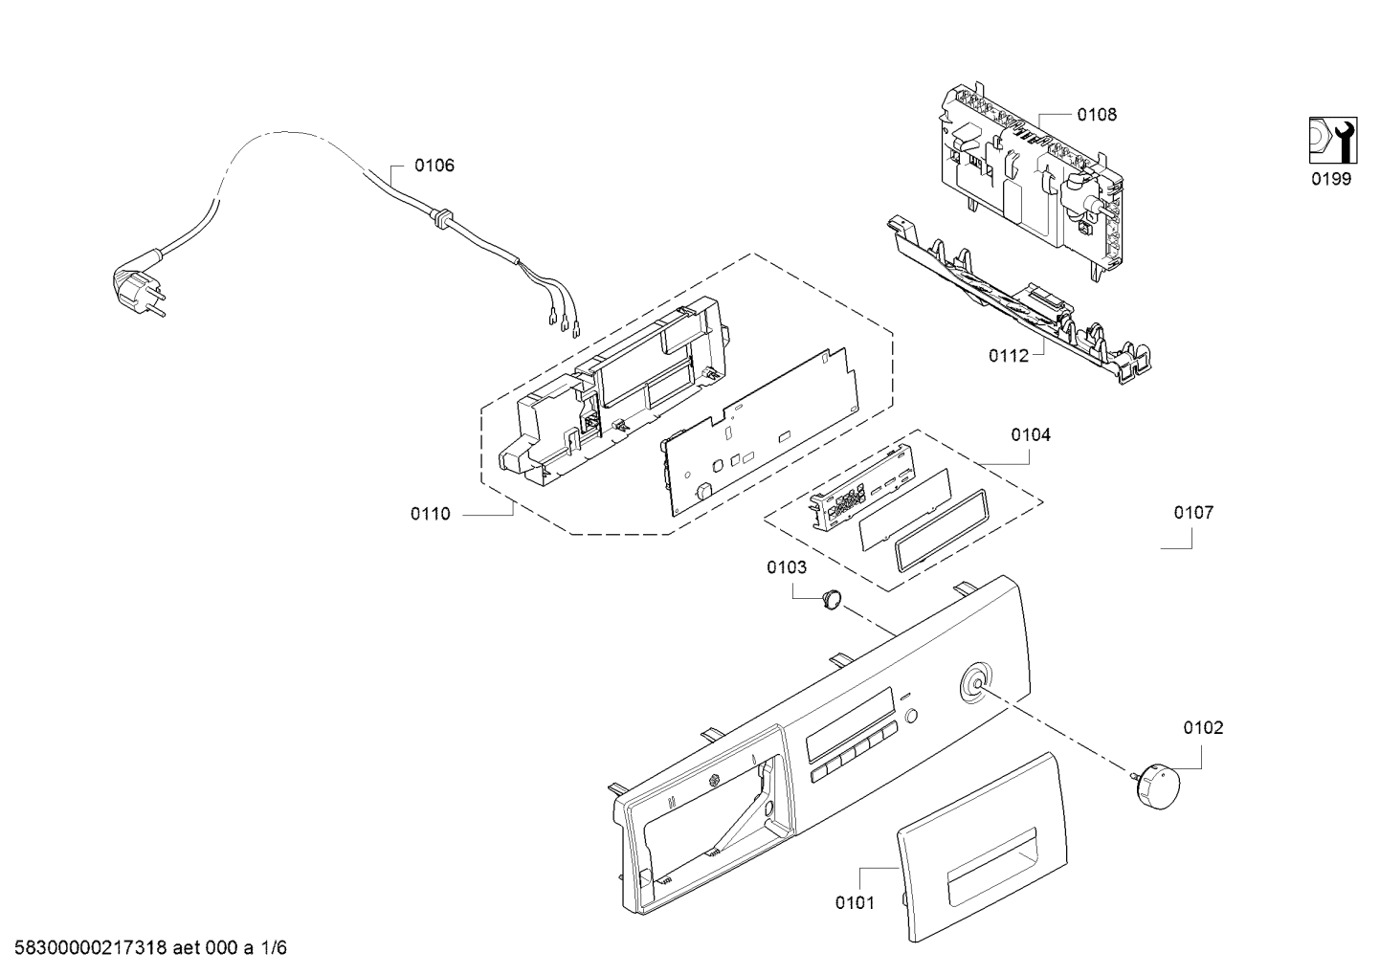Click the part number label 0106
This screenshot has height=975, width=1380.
pyautogui.click(x=434, y=166)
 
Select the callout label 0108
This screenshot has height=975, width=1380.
pyautogui.click(x=1097, y=115)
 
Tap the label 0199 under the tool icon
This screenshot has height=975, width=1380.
pyautogui.click(x=1330, y=179)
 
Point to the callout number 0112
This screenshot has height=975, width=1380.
pyautogui.click(x=1009, y=355)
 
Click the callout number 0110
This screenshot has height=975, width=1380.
pyautogui.click(x=431, y=514)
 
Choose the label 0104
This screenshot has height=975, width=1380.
pyautogui.click(x=1031, y=434)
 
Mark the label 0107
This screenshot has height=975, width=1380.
pyautogui.click(x=1193, y=513)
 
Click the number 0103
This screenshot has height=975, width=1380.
pyautogui.click(x=787, y=567)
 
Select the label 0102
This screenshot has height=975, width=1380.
pyautogui.click(x=1203, y=728)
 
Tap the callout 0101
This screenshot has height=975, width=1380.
pyautogui.click(x=856, y=903)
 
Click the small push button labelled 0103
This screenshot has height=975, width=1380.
pyautogui.click(x=831, y=599)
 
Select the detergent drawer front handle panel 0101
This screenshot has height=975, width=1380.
pyautogui.click(x=982, y=856)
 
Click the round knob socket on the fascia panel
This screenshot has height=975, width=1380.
pyautogui.click(x=976, y=683)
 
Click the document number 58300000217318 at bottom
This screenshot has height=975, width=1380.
pyautogui.click(x=91, y=948)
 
